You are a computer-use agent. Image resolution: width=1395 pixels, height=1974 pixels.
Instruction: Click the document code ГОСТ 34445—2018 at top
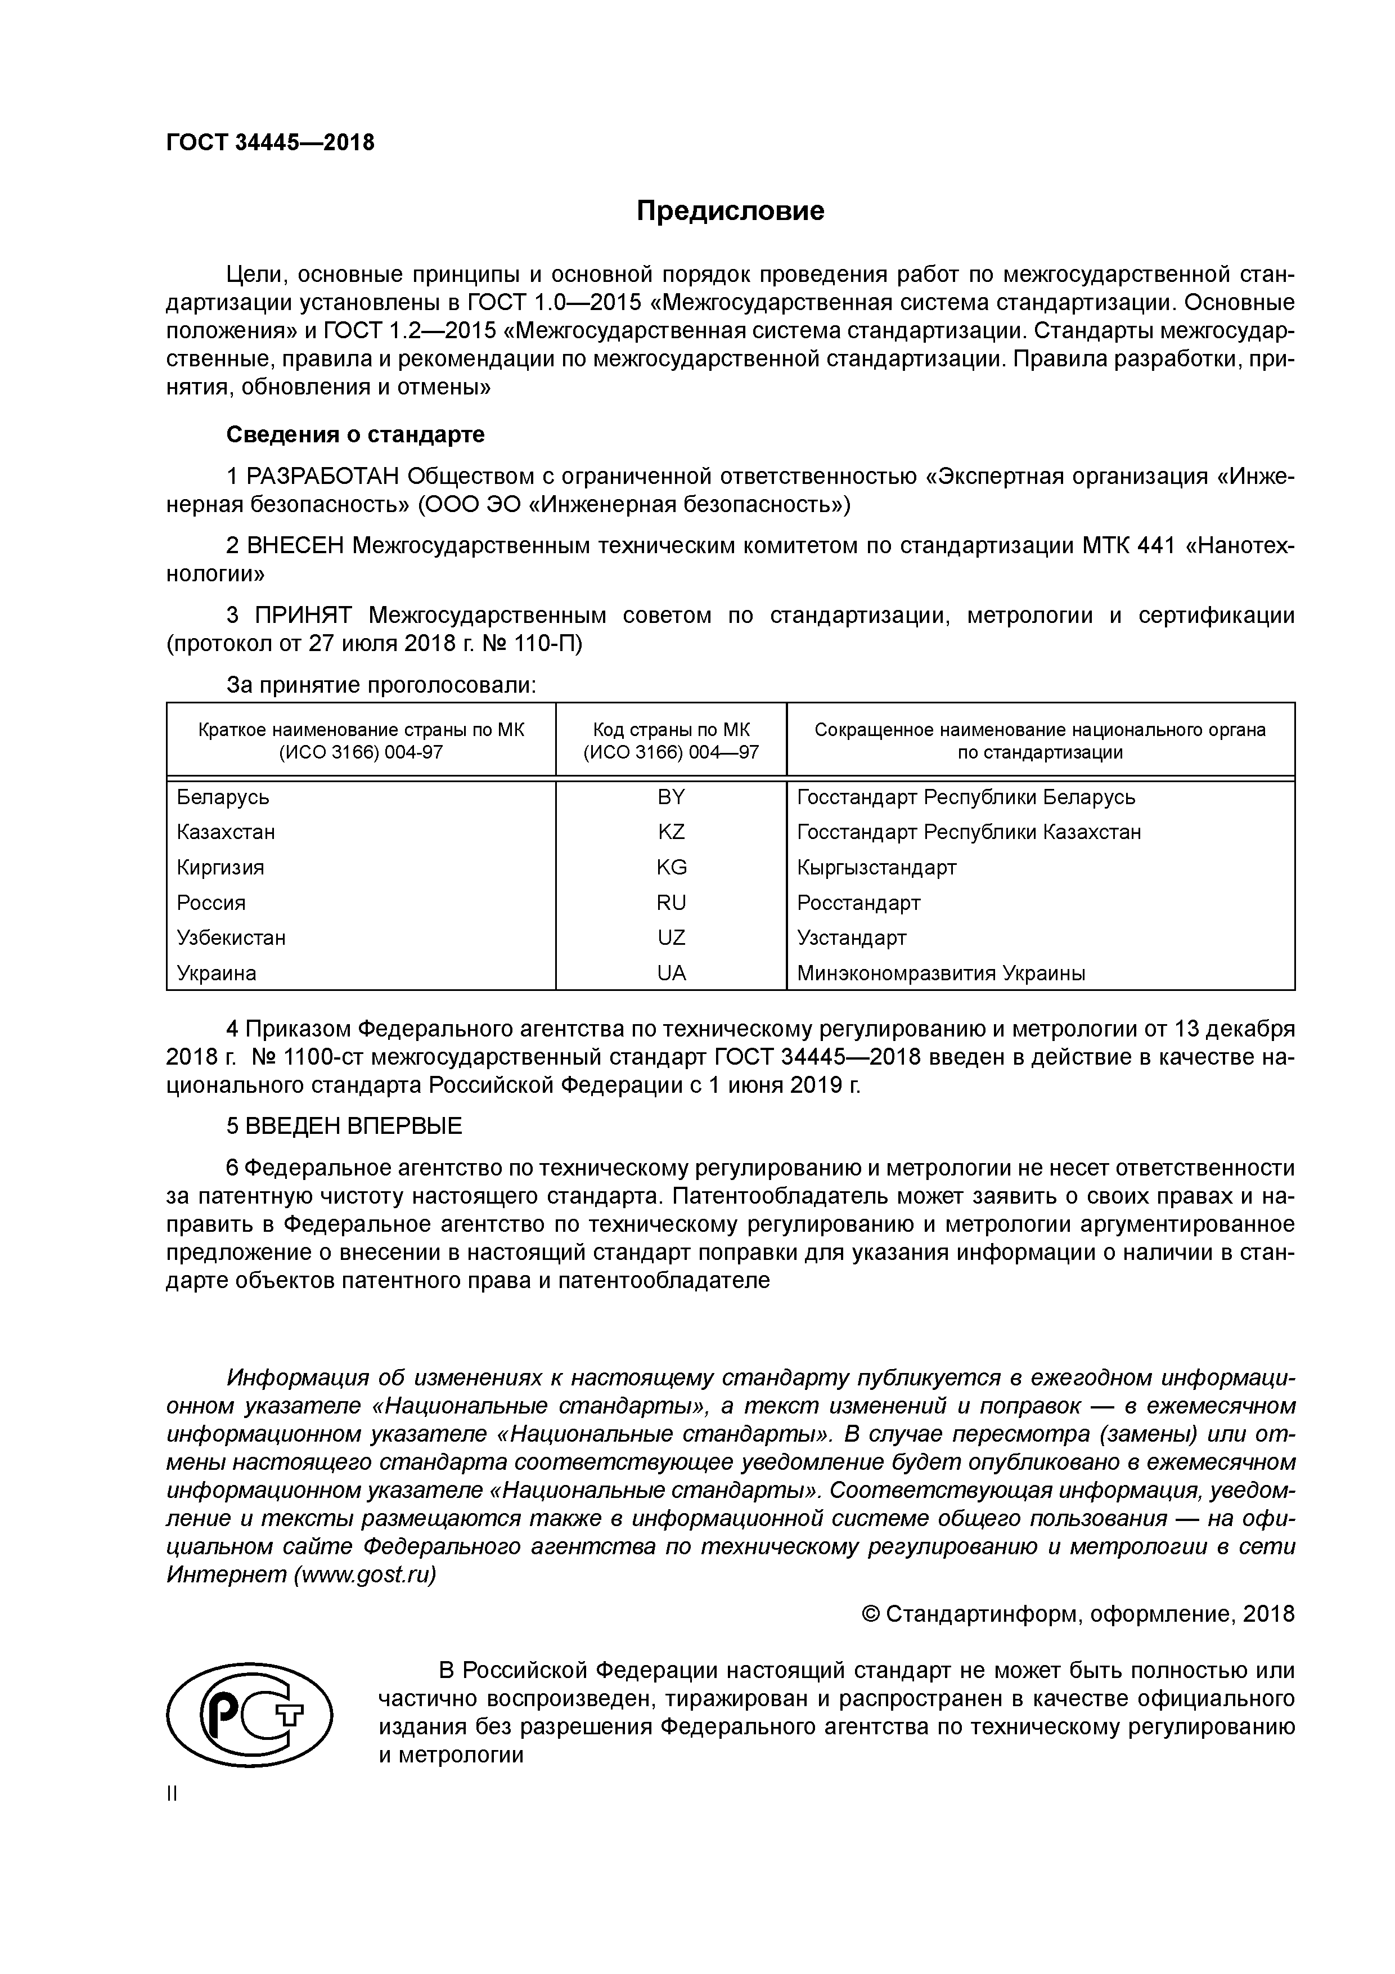(270, 143)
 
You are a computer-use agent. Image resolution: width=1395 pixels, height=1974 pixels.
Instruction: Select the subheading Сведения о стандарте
(355, 435)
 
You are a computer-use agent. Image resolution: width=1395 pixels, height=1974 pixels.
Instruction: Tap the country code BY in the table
(670, 797)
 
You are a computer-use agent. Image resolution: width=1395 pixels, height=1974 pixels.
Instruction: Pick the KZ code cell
(670, 832)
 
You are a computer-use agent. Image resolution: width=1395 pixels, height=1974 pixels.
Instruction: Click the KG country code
(670, 868)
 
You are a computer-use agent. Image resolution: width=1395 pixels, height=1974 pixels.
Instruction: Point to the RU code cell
(670, 903)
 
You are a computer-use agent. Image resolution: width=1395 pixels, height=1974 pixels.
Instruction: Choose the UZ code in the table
(670, 938)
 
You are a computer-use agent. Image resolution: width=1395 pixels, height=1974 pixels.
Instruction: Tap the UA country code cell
(670, 973)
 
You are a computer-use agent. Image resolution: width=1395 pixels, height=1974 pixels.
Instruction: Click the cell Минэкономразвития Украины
(940, 973)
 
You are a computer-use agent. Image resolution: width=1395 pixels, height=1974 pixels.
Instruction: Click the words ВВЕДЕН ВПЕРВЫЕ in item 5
(353, 1127)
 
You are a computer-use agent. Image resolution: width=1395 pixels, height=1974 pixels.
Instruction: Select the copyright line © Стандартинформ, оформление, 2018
(1078, 1614)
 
